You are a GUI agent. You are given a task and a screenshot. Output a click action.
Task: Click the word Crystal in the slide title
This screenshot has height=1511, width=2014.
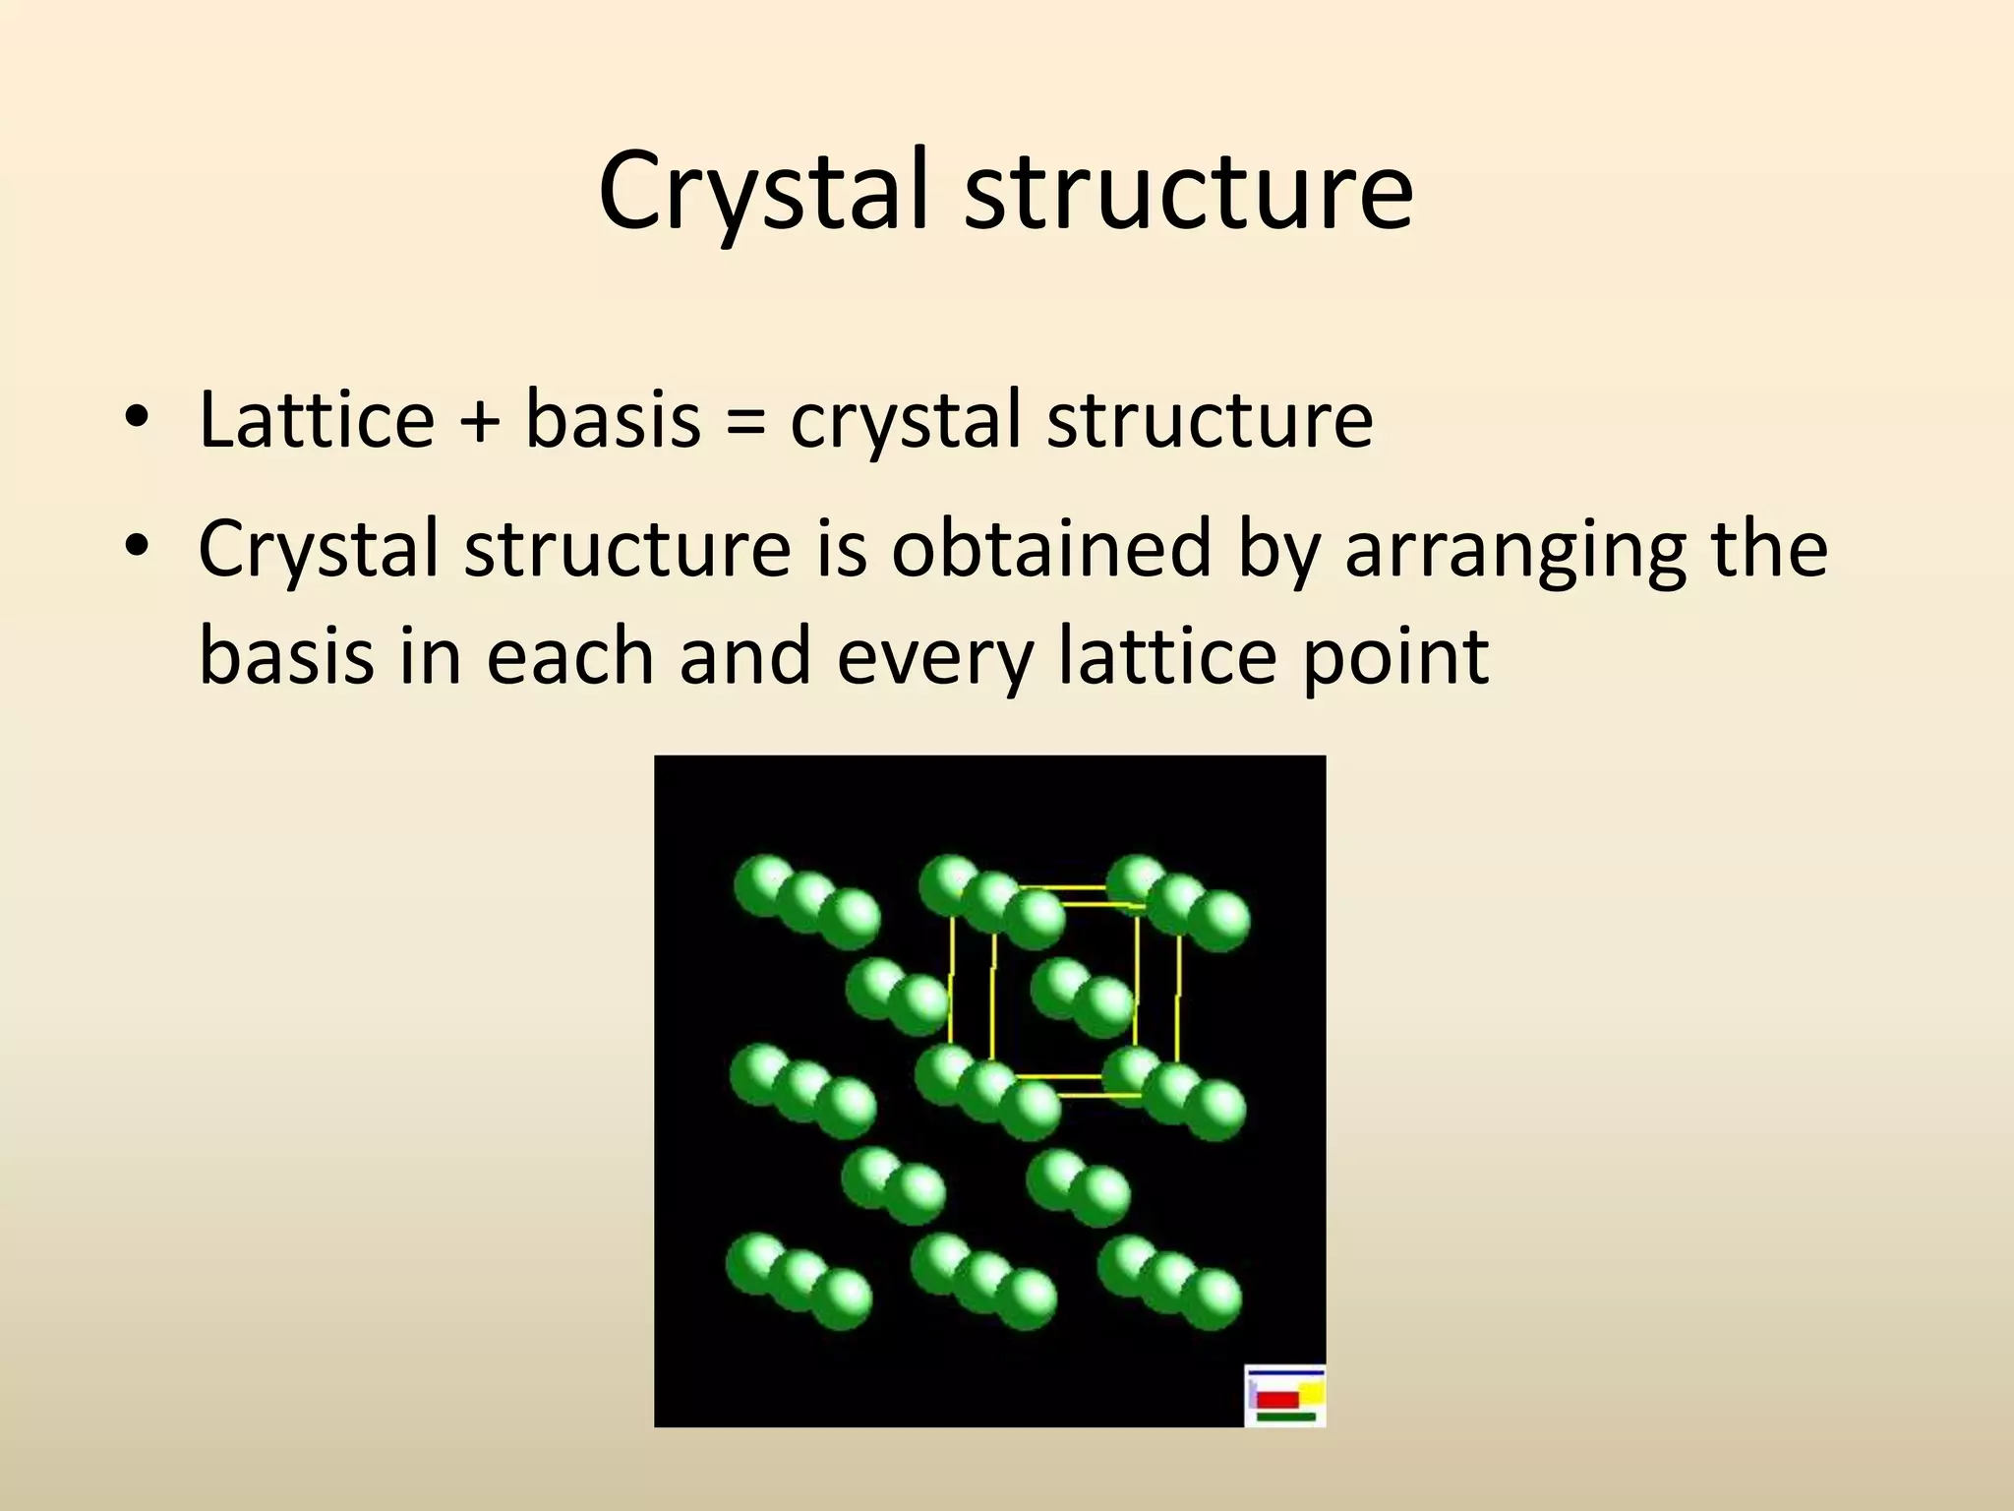click(x=762, y=192)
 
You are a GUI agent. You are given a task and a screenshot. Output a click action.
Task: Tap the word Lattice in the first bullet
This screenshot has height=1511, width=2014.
click(x=316, y=420)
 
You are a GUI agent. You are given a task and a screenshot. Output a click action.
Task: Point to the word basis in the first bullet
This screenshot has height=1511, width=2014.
click(x=613, y=420)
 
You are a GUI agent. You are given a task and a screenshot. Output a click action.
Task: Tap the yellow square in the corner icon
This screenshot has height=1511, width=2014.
click(x=1312, y=1392)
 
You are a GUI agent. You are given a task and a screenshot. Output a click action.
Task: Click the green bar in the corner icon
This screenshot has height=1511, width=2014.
click(x=1285, y=1417)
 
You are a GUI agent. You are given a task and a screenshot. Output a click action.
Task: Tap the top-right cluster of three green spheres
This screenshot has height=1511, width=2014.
click(x=1178, y=902)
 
